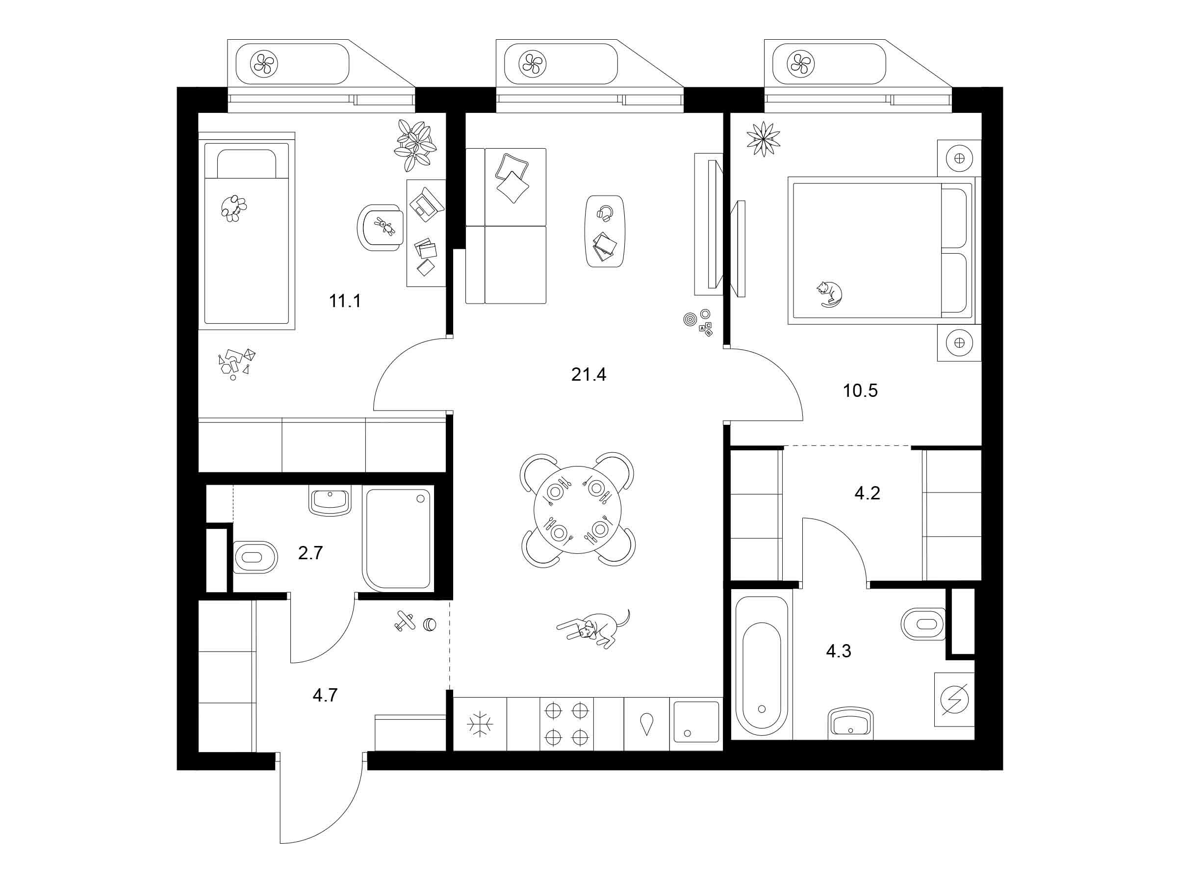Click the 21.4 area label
(588, 375)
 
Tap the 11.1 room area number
(345, 301)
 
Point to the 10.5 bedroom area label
(860, 390)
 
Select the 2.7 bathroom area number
(310, 553)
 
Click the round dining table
(578, 510)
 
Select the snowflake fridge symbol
(480, 725)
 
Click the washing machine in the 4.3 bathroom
(954, 700)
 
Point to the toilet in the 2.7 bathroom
(256, 557)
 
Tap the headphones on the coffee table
(605, 213)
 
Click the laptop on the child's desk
(426, 204)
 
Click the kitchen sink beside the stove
(696, 722)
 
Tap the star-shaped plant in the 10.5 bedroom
(764, 139)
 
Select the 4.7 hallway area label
(325, 695)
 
